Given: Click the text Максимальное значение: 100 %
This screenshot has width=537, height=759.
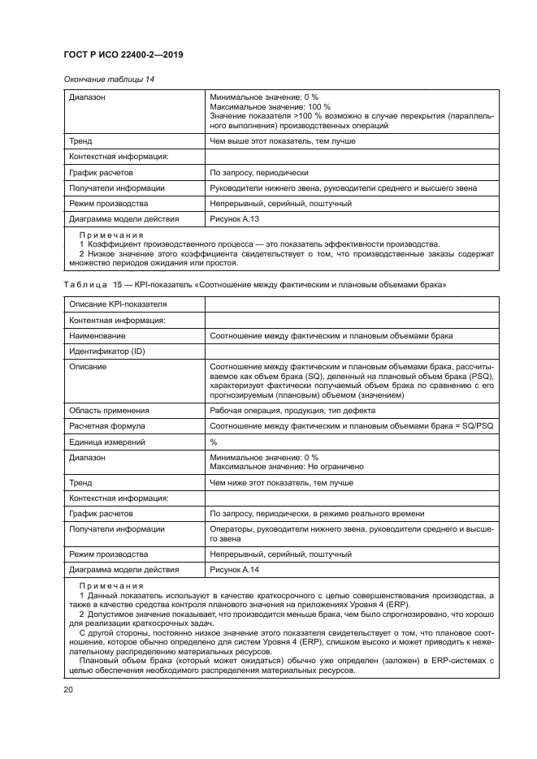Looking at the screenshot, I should coord(270,107).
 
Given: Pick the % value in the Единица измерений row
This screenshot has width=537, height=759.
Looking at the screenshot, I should coord(214,442).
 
